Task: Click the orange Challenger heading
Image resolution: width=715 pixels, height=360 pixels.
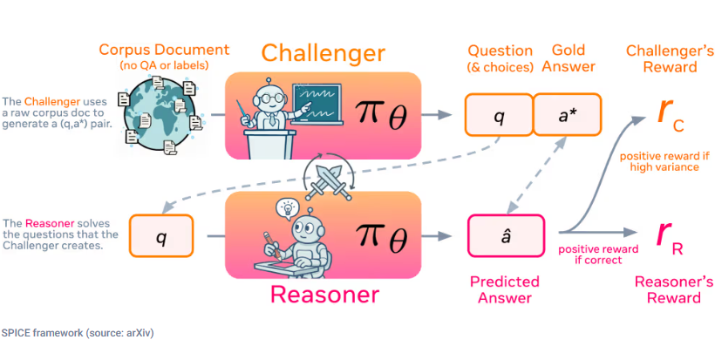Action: [323, 52]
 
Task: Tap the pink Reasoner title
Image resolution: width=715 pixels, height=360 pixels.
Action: [323, 294]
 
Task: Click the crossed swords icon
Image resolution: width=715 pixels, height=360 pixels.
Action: [323, 180]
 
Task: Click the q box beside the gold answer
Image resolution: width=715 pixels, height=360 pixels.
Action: [498, 114]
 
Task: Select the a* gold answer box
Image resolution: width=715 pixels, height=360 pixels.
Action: [567, 114]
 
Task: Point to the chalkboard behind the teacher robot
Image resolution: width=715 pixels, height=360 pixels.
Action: [316, 100]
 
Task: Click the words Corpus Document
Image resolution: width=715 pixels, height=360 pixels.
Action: [164, 50]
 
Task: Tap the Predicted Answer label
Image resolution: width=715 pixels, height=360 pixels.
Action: [505, 290]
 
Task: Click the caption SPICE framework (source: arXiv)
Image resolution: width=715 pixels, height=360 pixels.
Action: [78, 333]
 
